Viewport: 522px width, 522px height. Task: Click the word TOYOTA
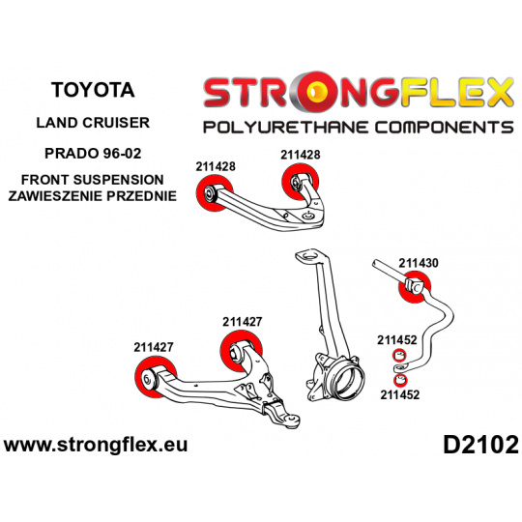(93, 90)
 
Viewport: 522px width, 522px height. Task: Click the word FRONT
(45, 180)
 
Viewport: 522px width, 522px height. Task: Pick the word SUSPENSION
(119, 180)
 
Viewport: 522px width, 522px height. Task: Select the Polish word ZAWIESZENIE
(55, 196)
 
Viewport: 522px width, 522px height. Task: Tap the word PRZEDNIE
(141, 196)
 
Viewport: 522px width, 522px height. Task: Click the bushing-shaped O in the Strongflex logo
(317, 91)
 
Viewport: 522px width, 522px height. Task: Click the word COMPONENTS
(445, 128)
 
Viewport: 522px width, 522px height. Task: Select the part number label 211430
(419, 263)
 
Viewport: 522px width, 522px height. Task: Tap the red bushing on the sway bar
(415, 287)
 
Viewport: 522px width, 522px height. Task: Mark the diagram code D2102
(480, 446)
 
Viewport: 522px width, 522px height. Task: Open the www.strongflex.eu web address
(96, 445)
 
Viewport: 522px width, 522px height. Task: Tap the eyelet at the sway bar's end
(399, 368)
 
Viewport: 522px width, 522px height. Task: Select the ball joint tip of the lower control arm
(293, 420)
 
